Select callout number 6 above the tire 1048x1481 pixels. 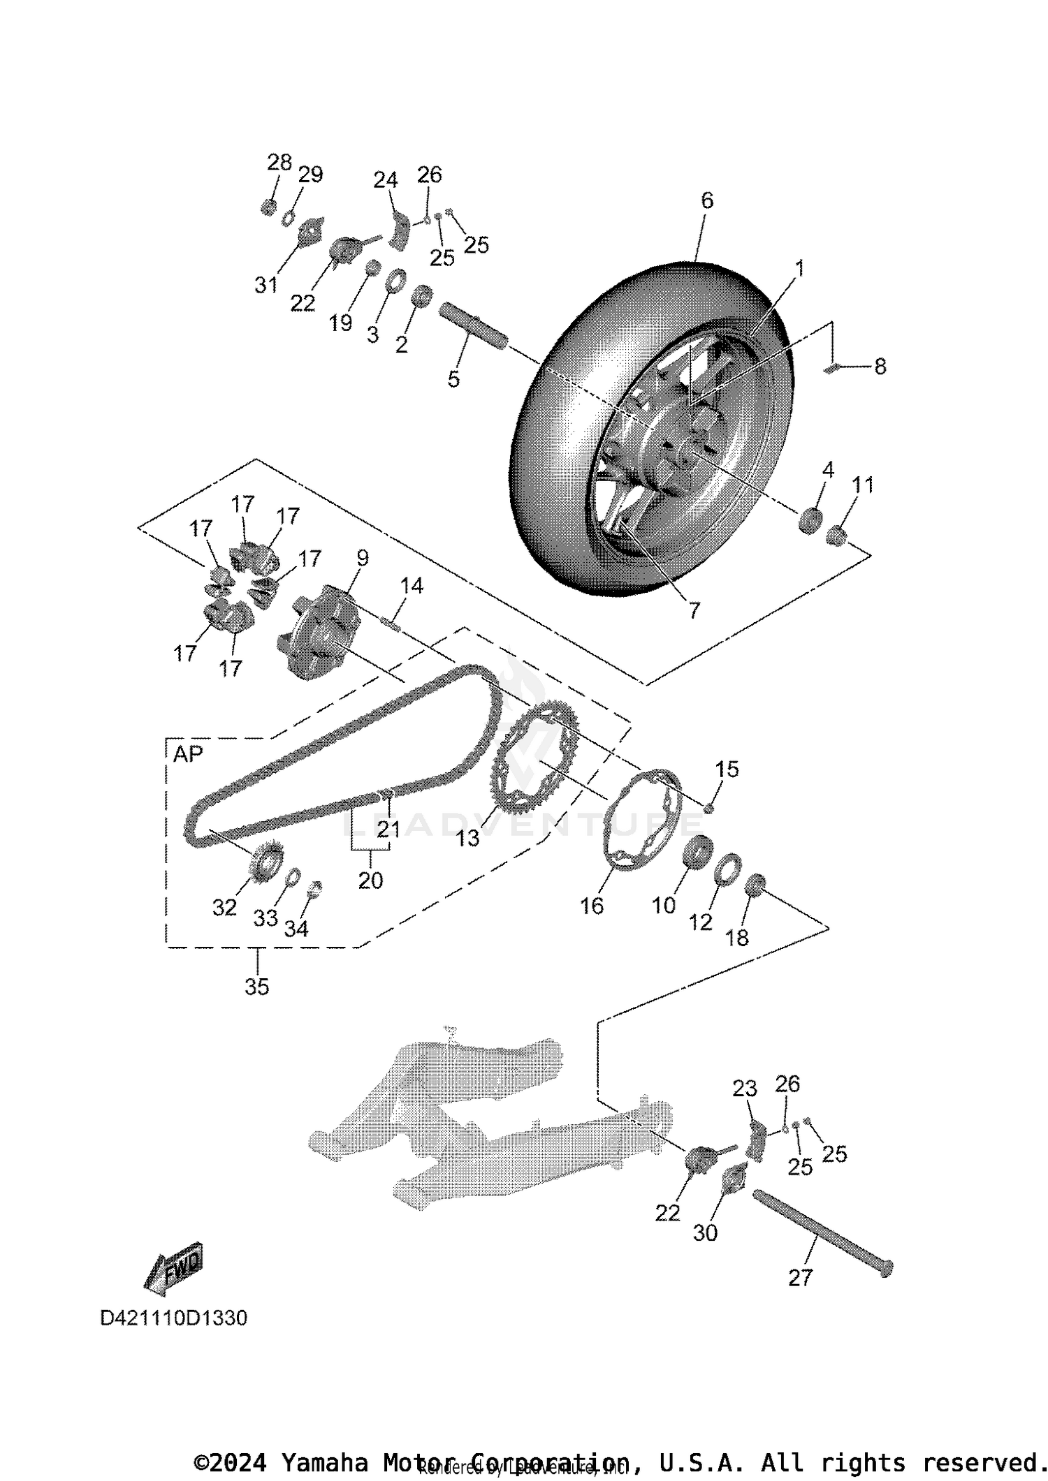point(706,201)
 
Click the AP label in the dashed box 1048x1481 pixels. point(187,754)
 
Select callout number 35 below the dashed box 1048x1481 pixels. point(256,987)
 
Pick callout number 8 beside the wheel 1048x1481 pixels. point(880,367)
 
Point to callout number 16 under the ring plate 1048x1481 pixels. point(591,906)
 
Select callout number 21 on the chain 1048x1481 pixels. point(388,829)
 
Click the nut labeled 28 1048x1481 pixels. point(268,207)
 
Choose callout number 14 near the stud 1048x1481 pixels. point(412,586)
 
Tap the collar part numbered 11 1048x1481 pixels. point(836,536)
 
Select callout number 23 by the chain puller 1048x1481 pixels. point(745,1089)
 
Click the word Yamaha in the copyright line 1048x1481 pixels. point(323,1461)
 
